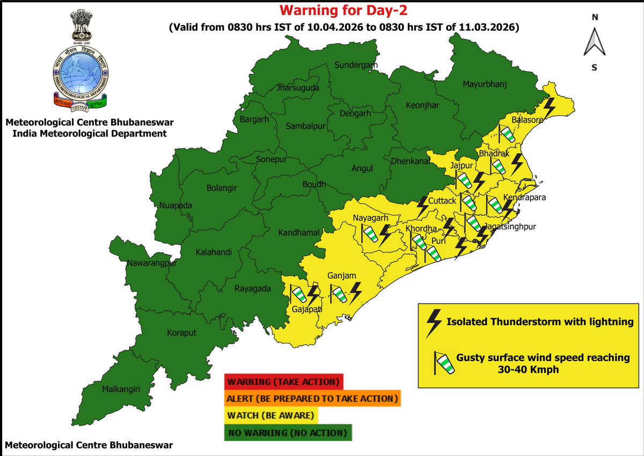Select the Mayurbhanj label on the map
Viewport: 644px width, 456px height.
(x=485, y=84)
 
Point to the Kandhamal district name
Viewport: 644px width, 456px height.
(x=299, y=233)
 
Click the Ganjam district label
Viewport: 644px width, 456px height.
(x=342, y=276)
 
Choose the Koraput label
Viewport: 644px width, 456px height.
(x=181, y=332)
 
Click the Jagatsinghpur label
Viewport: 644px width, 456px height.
(x=509, y=227)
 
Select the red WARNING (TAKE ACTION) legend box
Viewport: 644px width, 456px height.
(x=283, y=382)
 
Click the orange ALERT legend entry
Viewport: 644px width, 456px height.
(x=313, y=399)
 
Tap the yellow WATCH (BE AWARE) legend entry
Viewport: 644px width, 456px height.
(x=272, y=415)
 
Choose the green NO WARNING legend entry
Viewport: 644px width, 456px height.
(x=288, y=432)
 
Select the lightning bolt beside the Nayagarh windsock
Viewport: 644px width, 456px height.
(x=385, y=234)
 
